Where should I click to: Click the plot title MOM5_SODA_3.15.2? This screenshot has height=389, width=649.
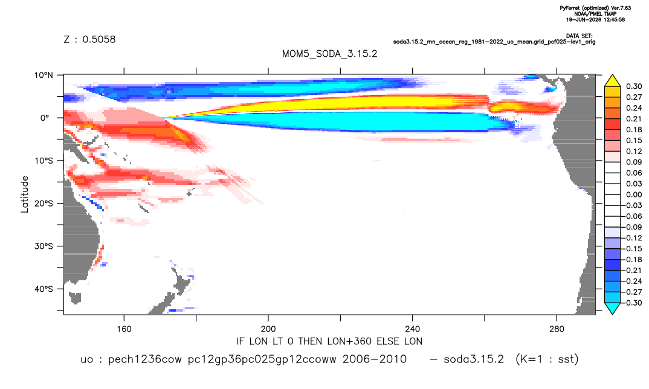pos(329,54)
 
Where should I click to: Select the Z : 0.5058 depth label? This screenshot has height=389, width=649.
pos(89,39)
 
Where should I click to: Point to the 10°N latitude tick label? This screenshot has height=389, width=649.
pos(44,76)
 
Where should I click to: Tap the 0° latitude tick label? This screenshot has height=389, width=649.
pos(45,118)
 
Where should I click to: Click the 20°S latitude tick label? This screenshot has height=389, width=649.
pos(44,204)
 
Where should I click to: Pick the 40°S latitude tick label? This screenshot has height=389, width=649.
pos(44,289)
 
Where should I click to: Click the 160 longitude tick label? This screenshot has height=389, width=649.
pos(124,329)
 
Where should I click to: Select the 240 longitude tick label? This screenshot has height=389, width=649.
pos(413,329)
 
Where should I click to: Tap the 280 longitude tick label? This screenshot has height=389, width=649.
pos(557,329)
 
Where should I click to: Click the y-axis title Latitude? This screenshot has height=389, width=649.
pos(24,194)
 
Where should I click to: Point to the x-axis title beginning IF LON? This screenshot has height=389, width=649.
pos(329,341)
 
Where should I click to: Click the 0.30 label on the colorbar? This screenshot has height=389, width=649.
pos(634,86)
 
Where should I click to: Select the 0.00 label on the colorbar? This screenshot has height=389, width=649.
pos(634,194)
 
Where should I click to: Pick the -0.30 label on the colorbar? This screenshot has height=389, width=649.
pos(633,303)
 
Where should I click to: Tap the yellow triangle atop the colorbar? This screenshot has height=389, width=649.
pos(612,81)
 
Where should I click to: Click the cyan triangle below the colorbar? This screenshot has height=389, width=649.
pos(612,307)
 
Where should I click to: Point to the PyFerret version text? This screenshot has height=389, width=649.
pos(595,8)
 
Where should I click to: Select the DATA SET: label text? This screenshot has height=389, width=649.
pos(579,36)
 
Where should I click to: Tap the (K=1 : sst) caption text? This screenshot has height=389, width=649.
pos(547,359)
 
